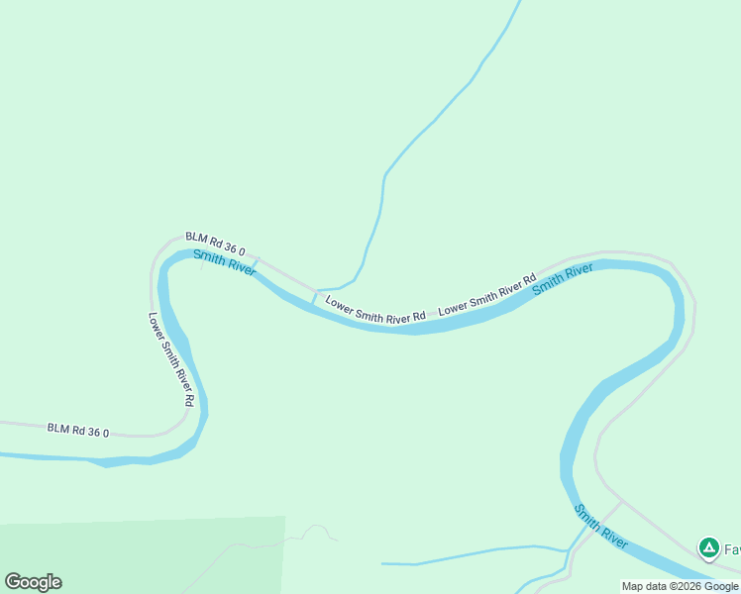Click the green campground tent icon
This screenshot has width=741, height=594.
point(708,547)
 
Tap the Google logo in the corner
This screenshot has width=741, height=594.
point(34,581)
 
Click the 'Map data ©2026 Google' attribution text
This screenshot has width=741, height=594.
point(680,586)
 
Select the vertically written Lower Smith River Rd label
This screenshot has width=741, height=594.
point(170,360)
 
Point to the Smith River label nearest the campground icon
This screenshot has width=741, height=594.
point(601,527)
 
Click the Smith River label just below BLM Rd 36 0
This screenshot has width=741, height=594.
point(224,262)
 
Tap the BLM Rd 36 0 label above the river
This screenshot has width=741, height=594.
point(215,244)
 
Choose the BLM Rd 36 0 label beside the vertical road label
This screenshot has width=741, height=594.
point(77,430)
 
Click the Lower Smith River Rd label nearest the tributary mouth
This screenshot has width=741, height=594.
point(375,307)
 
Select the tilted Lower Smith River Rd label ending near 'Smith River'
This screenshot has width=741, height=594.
point(487,294)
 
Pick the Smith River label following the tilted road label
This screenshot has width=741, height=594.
point(563,278)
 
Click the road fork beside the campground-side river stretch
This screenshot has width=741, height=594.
point(620,502)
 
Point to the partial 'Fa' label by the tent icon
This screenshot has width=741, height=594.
point(732,548)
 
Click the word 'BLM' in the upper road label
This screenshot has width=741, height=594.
point(196,239)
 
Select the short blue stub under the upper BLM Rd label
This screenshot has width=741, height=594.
point(256,263)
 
